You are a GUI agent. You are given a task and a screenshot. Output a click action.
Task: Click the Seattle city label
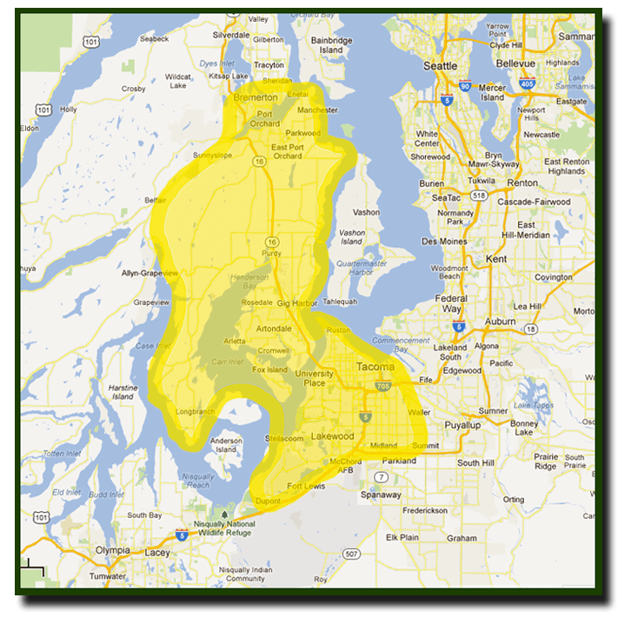pos(440,66)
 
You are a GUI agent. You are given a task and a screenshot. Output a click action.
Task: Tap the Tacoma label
pos(375,367)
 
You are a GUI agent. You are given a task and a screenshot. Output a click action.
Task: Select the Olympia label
pos(112,550)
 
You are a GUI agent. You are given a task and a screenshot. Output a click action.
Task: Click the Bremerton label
pos(256,98)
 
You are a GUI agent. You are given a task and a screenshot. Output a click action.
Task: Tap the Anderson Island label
pos(226,445)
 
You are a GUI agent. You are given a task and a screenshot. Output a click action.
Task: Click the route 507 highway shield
pos(351,554)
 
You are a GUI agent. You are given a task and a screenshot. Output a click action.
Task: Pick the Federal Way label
pos(452,303)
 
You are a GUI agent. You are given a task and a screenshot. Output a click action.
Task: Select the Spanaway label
pos(381,495)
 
